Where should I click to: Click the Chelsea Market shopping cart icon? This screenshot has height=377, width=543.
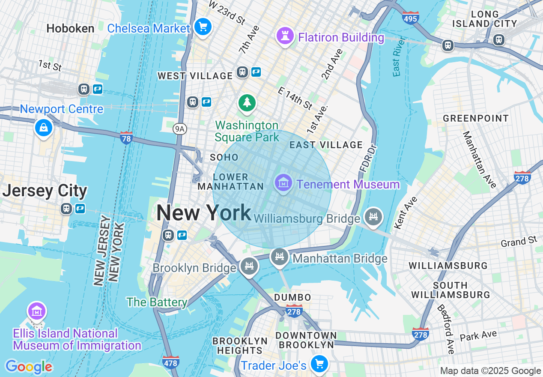[202, 27]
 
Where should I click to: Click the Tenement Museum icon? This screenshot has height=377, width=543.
[283, 183]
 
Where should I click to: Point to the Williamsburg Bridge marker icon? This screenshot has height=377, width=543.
[373, 216]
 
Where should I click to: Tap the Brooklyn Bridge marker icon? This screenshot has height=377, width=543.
[249, 266]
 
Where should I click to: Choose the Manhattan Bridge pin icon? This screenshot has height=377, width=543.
[280, 257]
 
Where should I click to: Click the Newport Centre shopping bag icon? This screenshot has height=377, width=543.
[43, 127]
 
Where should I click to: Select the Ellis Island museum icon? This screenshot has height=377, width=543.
[37, 311]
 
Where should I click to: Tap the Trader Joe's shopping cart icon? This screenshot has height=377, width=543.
[319, 364]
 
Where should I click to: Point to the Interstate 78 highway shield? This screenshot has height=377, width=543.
[125, 138]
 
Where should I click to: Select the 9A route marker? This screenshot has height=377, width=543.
[180, 129]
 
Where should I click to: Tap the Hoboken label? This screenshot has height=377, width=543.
[70, 29]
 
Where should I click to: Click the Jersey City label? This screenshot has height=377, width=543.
[45, 191]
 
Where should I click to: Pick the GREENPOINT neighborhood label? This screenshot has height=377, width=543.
[476, 118]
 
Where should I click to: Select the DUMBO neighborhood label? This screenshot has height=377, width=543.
[292, 297]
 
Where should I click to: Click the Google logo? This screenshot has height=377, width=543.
[29, 367]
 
